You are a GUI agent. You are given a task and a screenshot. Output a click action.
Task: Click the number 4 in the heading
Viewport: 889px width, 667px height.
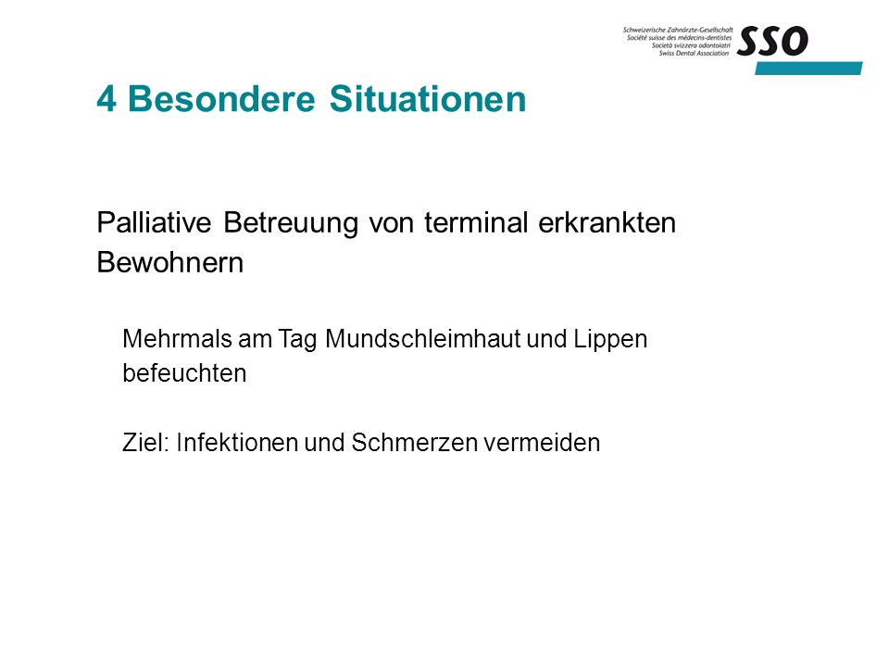pos(106,99)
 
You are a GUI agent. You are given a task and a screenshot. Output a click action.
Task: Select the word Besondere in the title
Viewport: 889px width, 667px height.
pos(221,99)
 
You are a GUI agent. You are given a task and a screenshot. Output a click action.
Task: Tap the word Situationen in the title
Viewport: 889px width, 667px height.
pos(428,99)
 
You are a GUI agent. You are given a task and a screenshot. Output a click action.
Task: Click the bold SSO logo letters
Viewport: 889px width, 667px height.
pos(772,42)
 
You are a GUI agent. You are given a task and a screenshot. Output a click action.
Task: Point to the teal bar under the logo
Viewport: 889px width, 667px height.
pos(808,68)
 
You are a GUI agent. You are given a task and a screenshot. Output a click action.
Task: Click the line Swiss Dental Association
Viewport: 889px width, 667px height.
pos(694,54)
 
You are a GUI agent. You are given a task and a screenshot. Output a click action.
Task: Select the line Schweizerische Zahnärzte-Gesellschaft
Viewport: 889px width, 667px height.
pos(678,30)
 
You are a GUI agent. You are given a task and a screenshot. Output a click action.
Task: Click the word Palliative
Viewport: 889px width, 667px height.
pos(155,222)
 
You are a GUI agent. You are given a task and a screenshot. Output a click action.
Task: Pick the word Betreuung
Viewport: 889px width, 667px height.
pos(291,223)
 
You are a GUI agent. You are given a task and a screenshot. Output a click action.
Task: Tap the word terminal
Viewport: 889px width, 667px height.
pos(476,222)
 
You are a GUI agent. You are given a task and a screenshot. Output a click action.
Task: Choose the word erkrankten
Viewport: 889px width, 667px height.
pos(607,222)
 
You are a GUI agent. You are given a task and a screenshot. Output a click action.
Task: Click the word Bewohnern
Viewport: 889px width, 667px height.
pos(170,262)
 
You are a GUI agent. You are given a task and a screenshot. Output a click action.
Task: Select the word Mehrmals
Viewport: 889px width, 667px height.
pos(178,339)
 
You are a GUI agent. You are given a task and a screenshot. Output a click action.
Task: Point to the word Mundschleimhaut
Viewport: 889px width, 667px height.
pos(423,339)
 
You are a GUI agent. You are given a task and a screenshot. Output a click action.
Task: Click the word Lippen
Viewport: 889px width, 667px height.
pos(610,340)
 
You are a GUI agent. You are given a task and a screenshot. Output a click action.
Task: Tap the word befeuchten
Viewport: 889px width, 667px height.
pos(185,373)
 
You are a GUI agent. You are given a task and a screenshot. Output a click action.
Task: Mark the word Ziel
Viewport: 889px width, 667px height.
pos(145,443)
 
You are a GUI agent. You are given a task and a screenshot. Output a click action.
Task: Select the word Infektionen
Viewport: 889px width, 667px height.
pos(238,443)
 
